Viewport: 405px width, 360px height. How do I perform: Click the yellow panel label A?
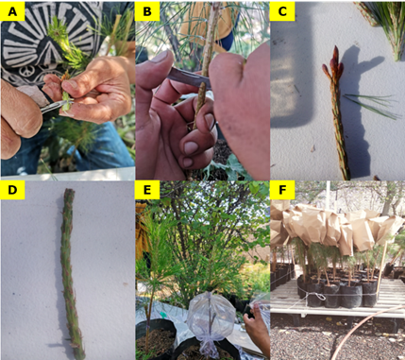[x=12, y=11]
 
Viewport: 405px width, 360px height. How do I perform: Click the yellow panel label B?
[x=147, y=11]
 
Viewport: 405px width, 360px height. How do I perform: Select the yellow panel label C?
[x=282, y=11]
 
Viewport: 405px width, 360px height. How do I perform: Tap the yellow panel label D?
[x=12, y=191]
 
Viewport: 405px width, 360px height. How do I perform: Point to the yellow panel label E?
[x=147, y=191]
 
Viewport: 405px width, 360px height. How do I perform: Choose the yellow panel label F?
[x=282, y=191]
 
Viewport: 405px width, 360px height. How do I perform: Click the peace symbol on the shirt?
[x=25, y=72]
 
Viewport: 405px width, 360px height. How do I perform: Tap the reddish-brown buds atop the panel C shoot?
[x=333, y=63]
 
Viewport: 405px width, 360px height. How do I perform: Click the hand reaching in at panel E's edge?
[x=257, y=328]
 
